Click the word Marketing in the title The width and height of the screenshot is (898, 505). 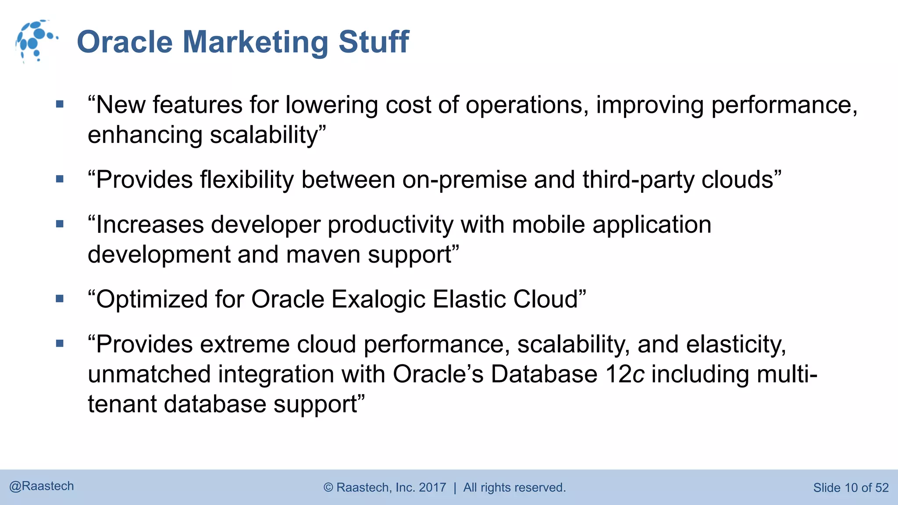[x=255, y=42]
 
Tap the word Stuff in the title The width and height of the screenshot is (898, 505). [x=374, y=42]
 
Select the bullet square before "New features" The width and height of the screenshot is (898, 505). [x=60, y=104]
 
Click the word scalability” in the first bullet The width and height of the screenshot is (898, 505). [x=268, y=135]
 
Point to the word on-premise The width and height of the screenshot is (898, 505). [x=464, y=180]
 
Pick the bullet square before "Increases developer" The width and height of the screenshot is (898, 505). [x=60, y=224]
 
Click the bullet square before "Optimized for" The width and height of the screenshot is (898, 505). [x=60, y=299]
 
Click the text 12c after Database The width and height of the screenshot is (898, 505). [x=624, y=374]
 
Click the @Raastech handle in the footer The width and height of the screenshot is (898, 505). [x=42, y=486]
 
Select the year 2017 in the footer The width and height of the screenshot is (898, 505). [x=432, y=487]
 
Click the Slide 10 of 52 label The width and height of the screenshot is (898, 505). [x=851, y=488]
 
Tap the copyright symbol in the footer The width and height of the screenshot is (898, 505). [x=328, y=487]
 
